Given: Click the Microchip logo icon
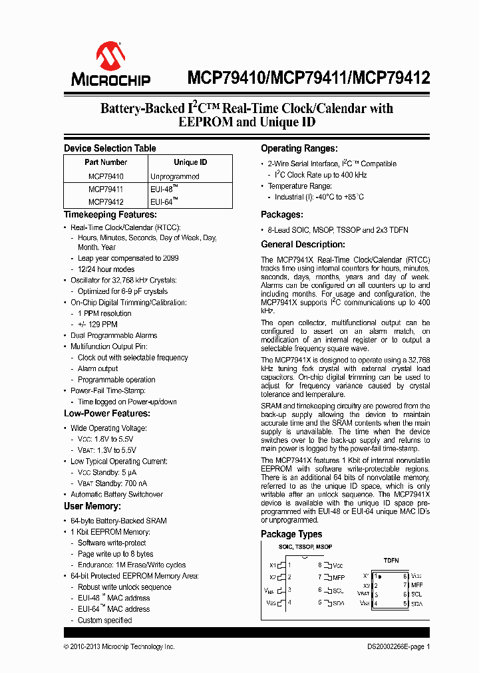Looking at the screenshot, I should (x=110, y=57).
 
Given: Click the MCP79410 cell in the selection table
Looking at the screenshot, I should (x=106, y=176).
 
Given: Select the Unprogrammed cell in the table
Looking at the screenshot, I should (x=174, y=176).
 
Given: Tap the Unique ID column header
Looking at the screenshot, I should (x=190, y=162).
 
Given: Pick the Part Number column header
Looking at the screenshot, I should (x=106, y=162).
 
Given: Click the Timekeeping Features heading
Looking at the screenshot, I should (x=110, y=214).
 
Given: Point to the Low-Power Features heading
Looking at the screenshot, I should (x=106, y=414).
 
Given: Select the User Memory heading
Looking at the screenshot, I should (x=92, y=506).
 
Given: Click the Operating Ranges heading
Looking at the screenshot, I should (x=299, y=148).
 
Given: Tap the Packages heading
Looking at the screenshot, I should (x=282, y=215).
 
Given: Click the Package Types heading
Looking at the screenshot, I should (x=291, y=534).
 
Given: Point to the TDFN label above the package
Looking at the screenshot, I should (x=391, y=560).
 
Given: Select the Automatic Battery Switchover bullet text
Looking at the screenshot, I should (x=116, y=494).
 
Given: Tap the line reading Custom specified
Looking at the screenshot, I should (x=104, y=620).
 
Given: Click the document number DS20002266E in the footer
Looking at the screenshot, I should (x=389, y=646).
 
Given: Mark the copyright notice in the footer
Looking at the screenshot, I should (x=119, y=646).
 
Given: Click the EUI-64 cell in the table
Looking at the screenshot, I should (x=164, y=202).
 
